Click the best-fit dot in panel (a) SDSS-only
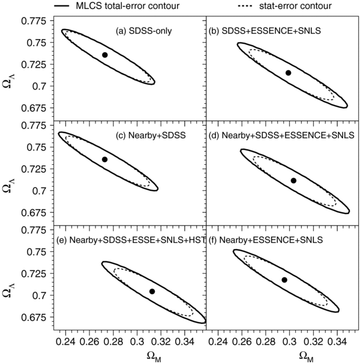pos(104,55)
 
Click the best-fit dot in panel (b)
pos(289,73)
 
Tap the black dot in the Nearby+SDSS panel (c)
pos(104,159)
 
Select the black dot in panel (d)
pos(293,181)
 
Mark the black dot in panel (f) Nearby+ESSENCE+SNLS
pos(284,279)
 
